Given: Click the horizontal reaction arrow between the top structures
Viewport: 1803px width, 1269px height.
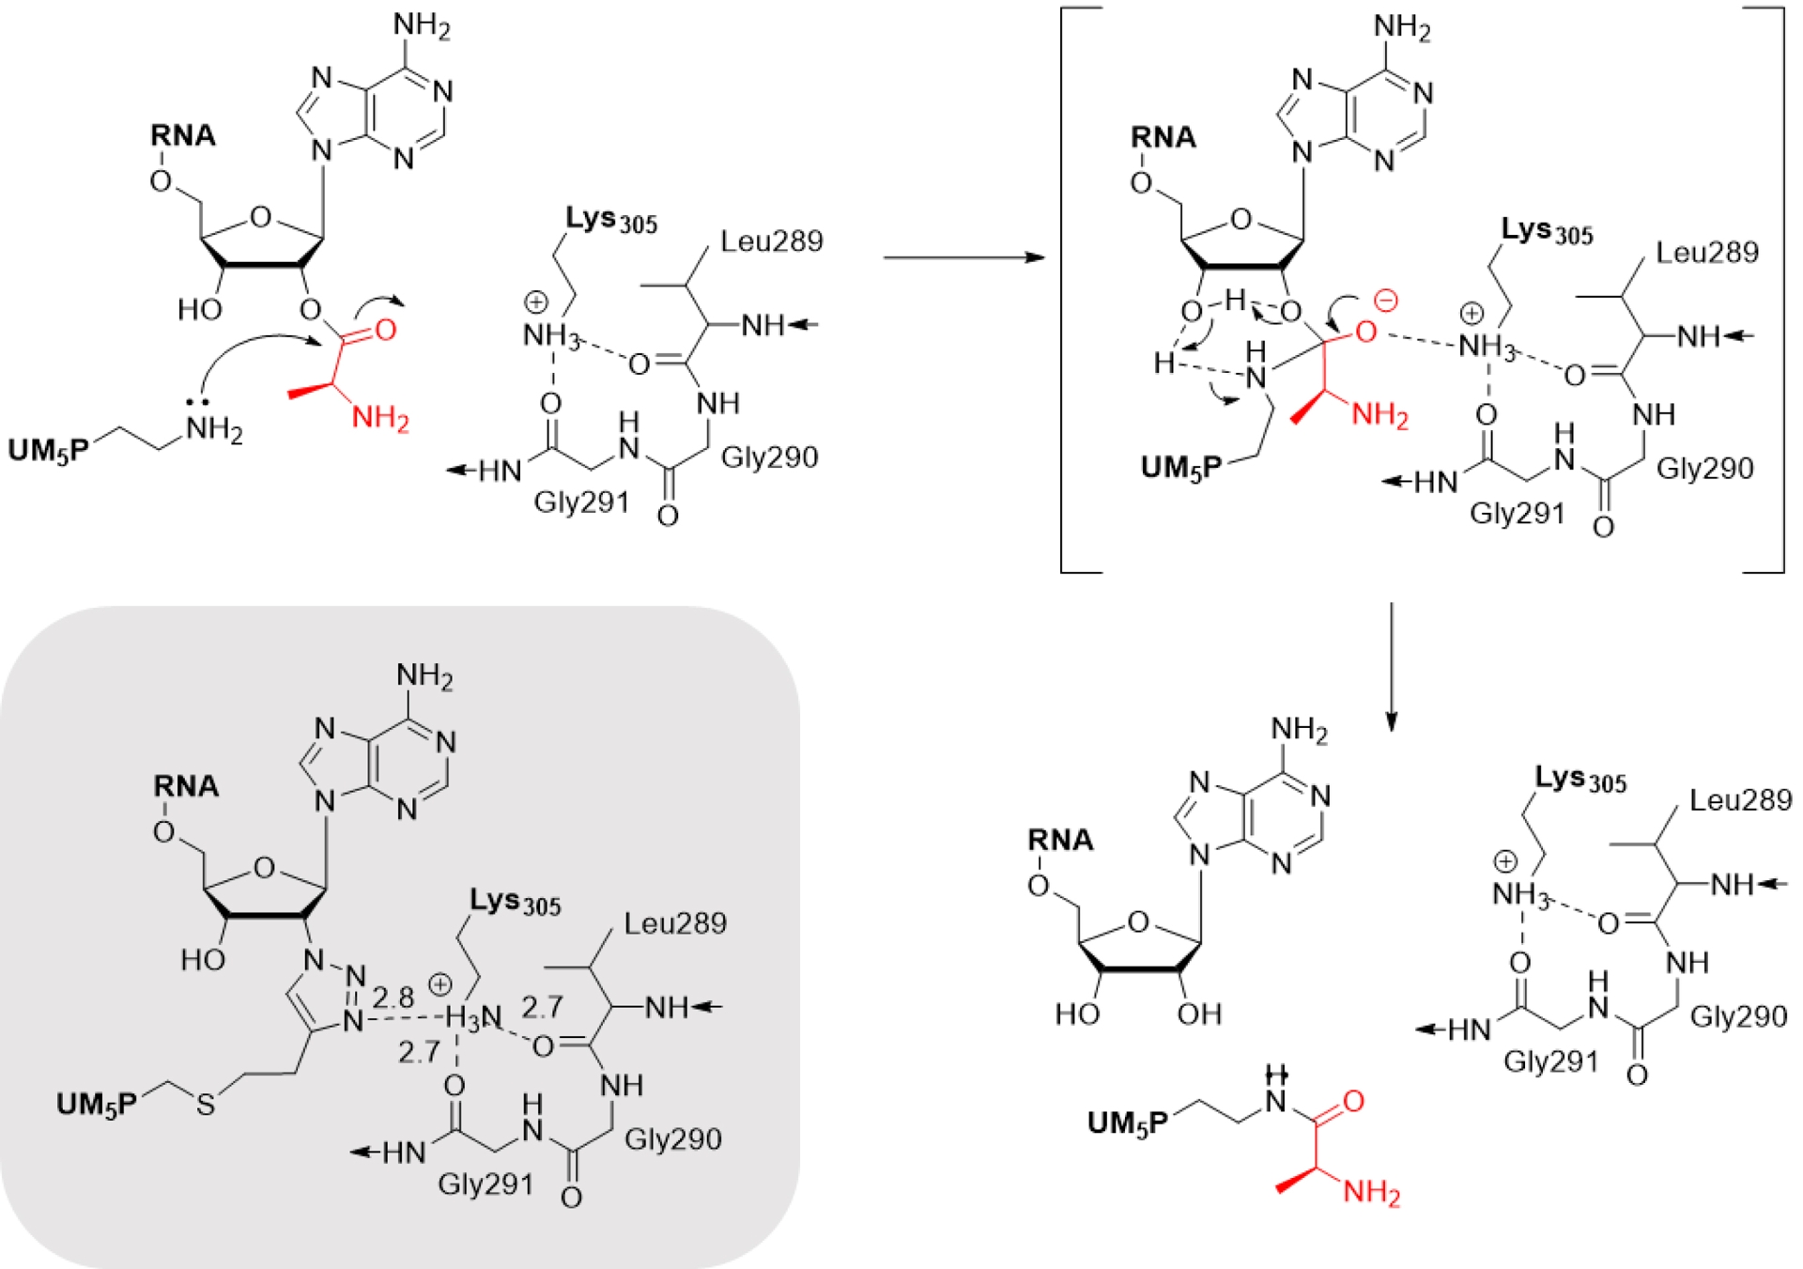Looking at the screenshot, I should coord(963,256).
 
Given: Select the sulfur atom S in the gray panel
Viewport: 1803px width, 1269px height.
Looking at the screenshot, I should coord(206,1105).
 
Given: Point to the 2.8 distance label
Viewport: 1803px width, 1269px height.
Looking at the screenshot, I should coord(393,998).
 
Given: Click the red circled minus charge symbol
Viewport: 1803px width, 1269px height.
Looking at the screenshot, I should coord(1385,301).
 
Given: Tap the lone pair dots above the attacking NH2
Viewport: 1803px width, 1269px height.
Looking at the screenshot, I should coord(197,402).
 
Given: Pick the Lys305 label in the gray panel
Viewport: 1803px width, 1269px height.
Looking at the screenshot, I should coord(515,902).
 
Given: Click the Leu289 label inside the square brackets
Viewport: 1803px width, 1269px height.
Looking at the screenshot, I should coord(1706,252).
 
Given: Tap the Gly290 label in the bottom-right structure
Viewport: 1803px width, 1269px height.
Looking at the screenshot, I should coord(1738,1016).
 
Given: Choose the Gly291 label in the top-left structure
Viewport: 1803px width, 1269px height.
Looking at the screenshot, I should coord(580,503).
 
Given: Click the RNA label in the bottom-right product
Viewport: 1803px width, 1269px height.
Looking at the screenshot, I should coord(1060,840).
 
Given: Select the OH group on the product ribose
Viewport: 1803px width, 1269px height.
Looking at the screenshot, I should coord(1199,1014).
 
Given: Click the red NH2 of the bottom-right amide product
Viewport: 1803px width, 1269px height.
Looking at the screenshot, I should coord(1372,1193).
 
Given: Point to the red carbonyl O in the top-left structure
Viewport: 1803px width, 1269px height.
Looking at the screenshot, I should coord(385,331).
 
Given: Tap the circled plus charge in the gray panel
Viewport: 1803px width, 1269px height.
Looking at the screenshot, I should coord(439,984).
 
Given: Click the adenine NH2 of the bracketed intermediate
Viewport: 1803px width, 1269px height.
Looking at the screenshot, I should coord(1402,28).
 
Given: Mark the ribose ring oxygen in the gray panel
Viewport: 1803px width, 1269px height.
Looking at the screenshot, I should coord(265,868).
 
